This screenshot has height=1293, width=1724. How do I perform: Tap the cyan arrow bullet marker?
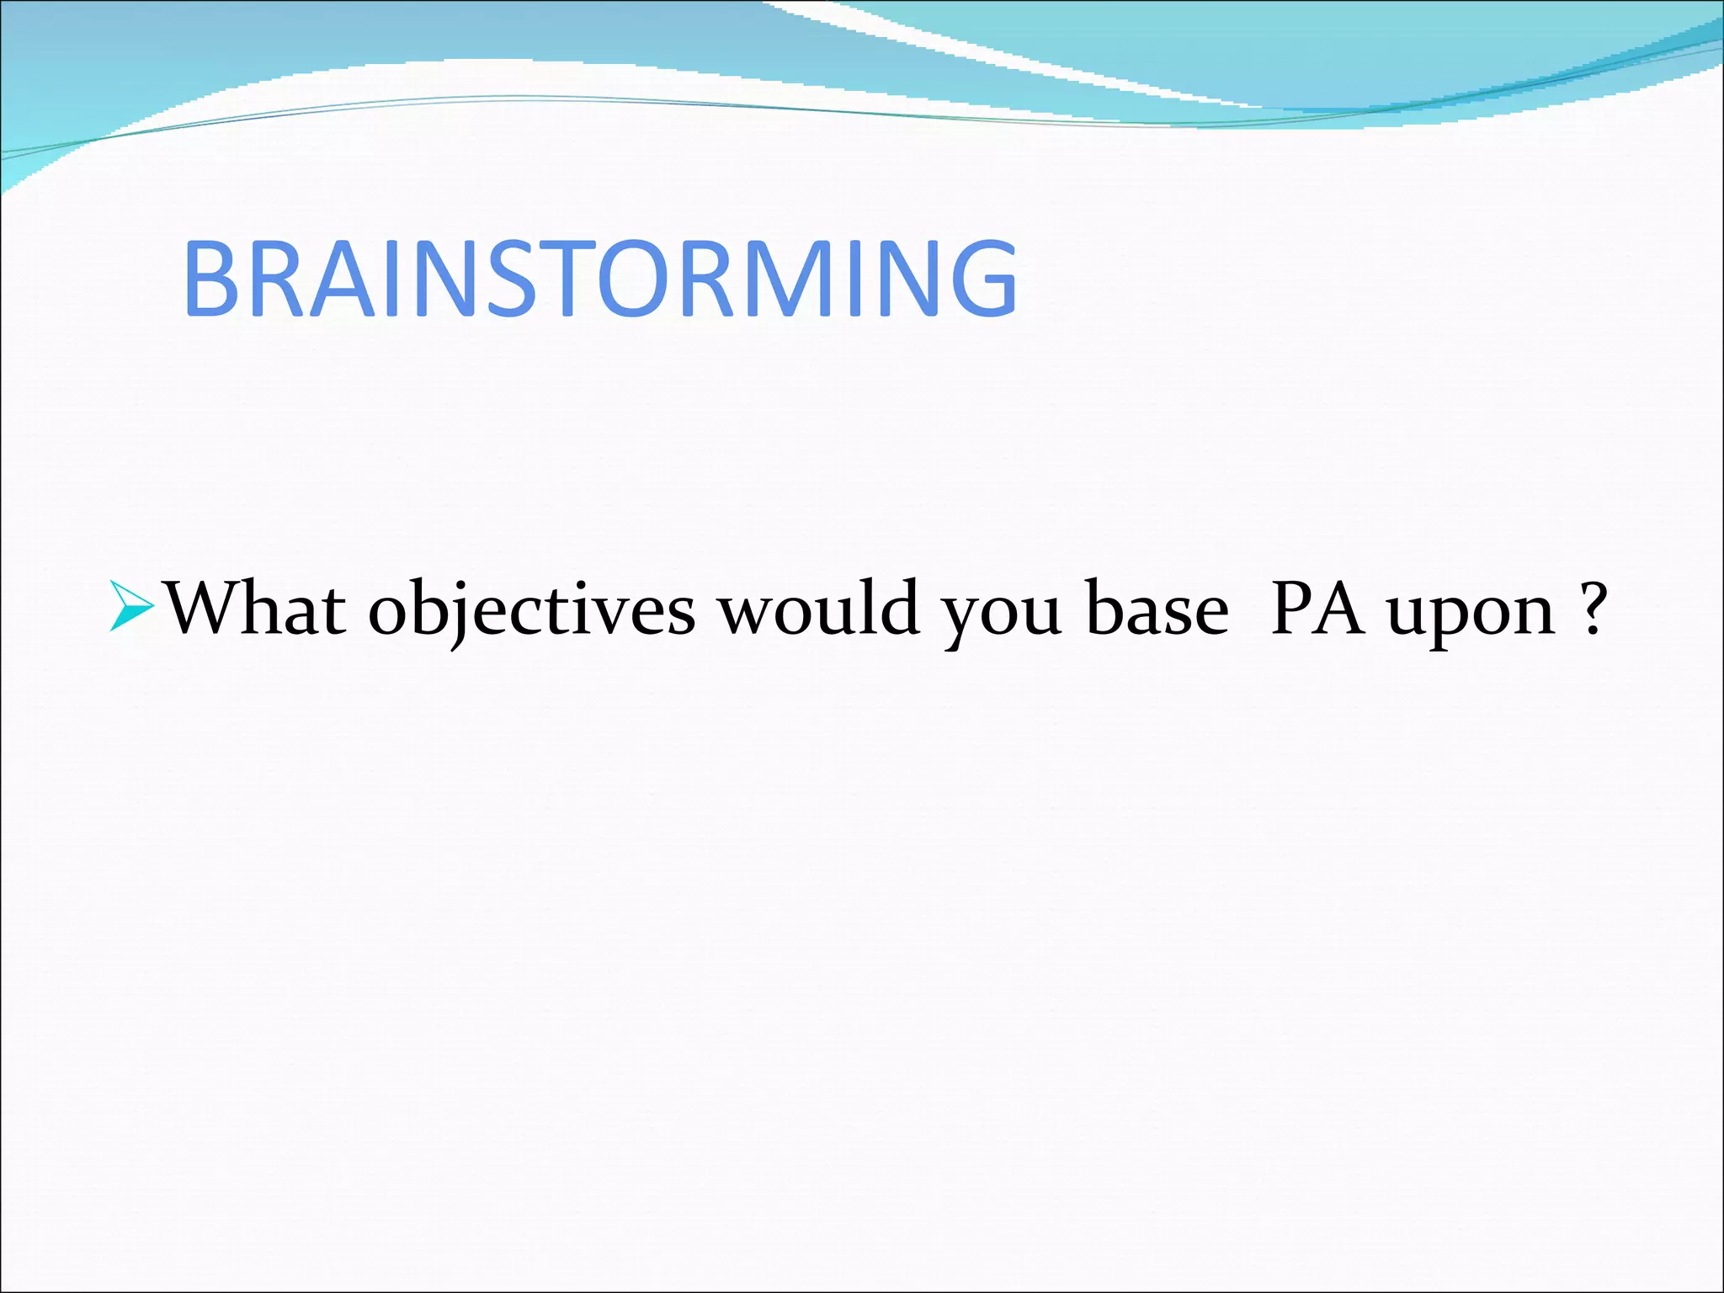click(x=132, y=605)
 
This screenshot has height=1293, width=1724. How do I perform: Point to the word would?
click(x=817, y=608)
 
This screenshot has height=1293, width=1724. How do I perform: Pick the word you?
click(x=1000, y=615)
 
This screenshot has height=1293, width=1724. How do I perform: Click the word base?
click(x=1157, y=608)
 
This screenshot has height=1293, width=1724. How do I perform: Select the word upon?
click(x=1470, y=615)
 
